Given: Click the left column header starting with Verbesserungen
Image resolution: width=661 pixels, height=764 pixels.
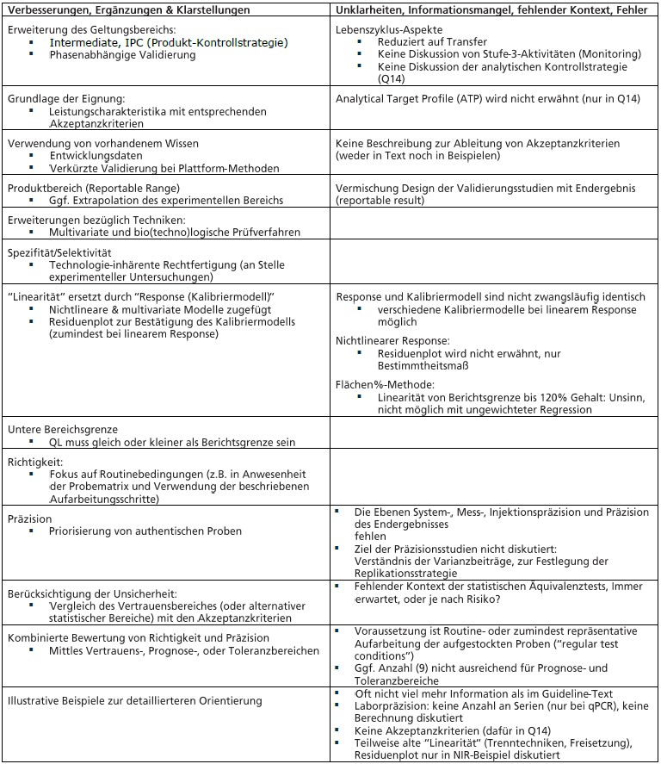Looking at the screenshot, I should (x=128, y=9).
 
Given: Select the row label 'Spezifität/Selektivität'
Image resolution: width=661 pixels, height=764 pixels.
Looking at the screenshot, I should (x=59, y=253).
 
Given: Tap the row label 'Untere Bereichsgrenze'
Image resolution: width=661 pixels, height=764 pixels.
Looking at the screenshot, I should (x=63, y=429).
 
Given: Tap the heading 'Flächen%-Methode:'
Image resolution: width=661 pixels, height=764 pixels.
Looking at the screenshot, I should (x=385, y=384).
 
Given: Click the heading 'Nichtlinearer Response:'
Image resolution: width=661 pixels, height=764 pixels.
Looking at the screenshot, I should (x=392, y=341).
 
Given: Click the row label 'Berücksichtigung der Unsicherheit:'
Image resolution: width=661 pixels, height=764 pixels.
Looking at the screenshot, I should (x=92, y=593).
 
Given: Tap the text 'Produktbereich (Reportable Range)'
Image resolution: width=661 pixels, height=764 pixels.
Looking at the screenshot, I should (x=94, y=188).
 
